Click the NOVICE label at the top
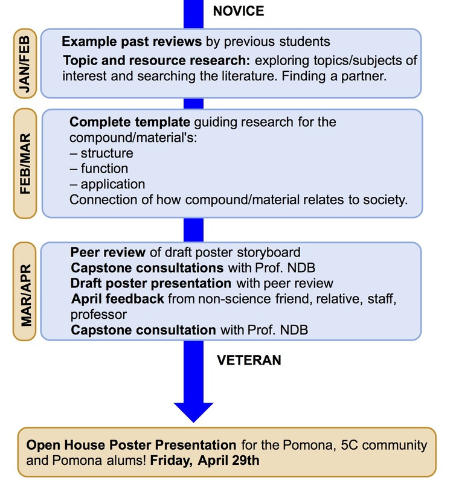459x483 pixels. [239, 11]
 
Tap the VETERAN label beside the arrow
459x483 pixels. [249, 360]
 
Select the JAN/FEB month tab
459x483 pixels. [25, 64]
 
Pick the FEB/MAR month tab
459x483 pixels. [25, 163]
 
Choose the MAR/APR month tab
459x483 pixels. [25, 292]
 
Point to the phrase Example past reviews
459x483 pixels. [132, 42]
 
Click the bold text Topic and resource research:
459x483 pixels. [156, 60]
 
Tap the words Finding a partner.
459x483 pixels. [334, 76]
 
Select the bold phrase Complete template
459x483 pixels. [130, 123]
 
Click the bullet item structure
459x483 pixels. [101, 153]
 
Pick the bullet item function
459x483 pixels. [99, 168]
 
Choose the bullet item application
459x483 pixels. [108, 185]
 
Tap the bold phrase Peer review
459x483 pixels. [108, 252]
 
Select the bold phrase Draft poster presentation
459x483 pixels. [150, 283]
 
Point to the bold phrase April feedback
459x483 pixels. [118, 299]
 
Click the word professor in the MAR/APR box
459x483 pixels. [98, 315]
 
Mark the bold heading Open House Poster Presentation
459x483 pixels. [131, 445]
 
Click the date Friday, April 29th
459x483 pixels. [205, 461]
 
